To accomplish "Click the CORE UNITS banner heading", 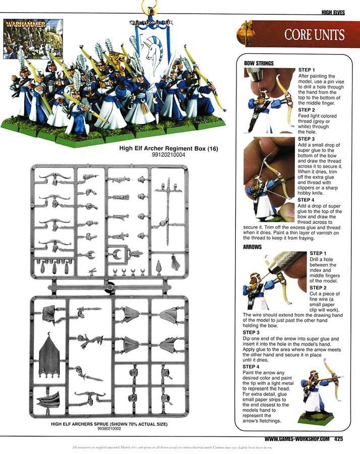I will click(x=314, y=35).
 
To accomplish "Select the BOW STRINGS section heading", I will click(x=259, y=64).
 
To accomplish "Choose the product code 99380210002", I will click(x=109, y=429).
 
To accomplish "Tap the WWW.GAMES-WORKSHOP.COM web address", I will click(x=297, y=439).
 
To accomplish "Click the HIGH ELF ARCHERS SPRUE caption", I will click(x=109, y=424).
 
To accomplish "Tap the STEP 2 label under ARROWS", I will click(x=318, y=288).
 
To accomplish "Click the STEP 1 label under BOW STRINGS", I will click(x=307, y=70).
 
